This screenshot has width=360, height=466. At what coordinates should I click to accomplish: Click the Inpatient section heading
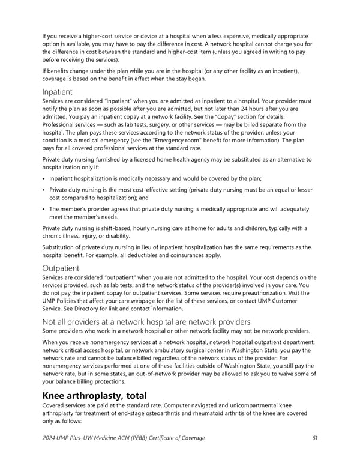click(57, 92)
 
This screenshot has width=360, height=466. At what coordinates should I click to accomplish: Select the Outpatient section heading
click(61, 267)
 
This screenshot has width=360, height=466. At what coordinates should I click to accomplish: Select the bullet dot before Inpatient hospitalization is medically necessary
click(44, 178)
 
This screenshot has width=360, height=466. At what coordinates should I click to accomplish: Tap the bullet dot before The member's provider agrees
click(44, 209)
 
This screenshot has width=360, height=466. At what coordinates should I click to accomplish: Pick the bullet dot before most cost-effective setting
click(44, 190)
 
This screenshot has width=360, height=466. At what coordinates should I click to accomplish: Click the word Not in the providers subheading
click(50, 322)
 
